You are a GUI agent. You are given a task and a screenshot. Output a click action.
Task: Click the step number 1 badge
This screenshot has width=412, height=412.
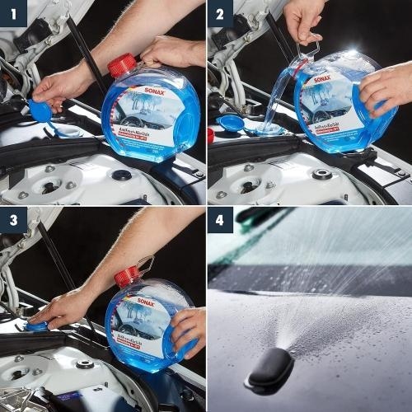coord(14,14)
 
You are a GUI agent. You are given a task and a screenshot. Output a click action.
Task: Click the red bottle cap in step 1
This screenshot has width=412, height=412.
coord(121,65)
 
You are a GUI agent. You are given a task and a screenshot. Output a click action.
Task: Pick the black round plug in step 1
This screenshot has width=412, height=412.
coord(122,175)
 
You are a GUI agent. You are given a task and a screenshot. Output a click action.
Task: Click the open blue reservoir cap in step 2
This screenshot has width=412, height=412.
coord(233,124)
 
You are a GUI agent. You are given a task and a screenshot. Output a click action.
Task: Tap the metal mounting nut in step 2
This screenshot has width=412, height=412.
coord(322,174)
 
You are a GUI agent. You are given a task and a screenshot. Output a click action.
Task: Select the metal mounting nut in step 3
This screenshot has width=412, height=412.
coord(85,363)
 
